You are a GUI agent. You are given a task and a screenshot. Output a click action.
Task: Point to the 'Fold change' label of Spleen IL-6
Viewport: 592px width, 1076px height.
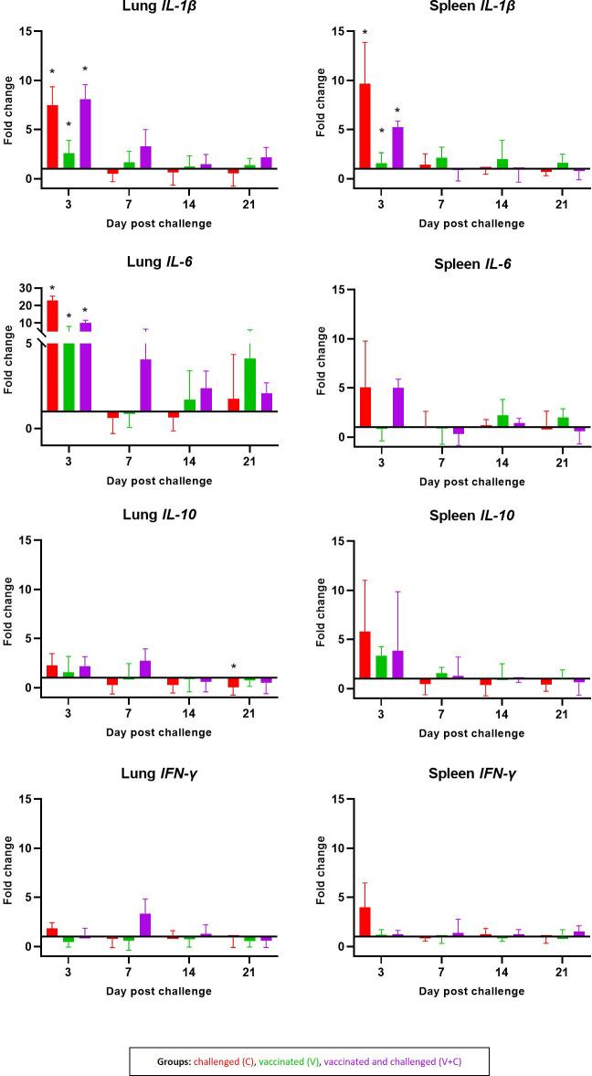(x=320, y=368)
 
